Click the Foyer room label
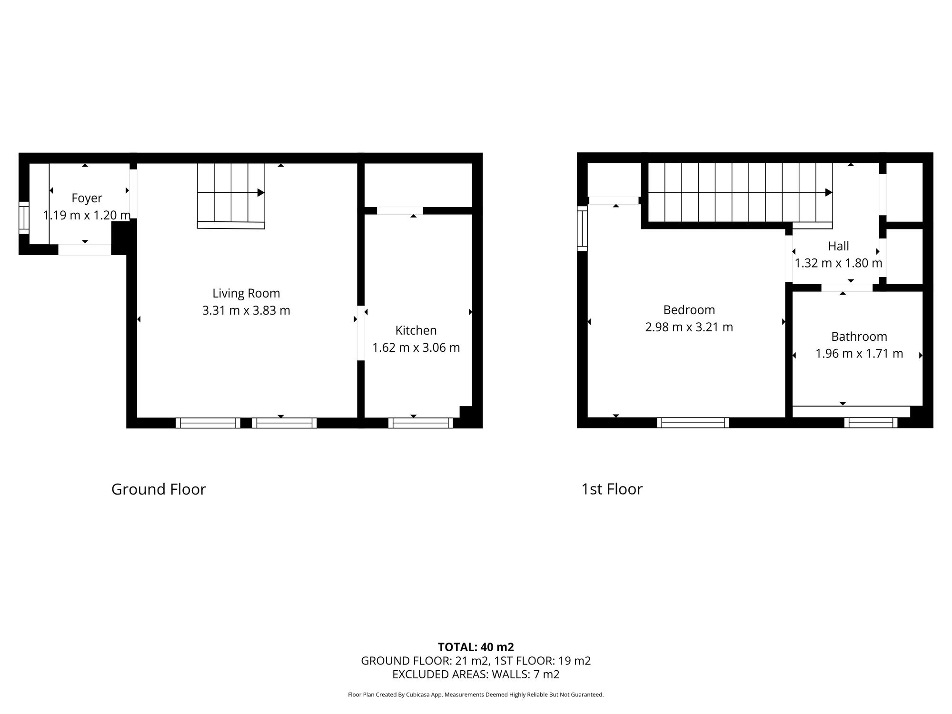[87, 198]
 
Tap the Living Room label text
[246, 293]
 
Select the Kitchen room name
[416, 330]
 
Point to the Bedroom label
[689, 310]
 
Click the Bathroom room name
[859, 337]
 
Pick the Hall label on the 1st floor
[838, 246]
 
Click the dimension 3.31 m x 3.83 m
[246, 310]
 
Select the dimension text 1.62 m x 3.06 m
[416, 347]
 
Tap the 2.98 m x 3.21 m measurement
[689, 327]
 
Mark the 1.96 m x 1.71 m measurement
[859, 354]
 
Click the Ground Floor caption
[159, 489]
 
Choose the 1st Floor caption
[612, 489]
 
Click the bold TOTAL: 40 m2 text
[476, 647]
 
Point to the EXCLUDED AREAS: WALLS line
[476, 674]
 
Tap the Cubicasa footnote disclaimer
[476, 694]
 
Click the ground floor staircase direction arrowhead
[261, 193]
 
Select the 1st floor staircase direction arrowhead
[829, 193]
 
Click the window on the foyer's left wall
[24, 218]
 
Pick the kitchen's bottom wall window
[421, 423]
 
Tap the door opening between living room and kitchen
[361, 333]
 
